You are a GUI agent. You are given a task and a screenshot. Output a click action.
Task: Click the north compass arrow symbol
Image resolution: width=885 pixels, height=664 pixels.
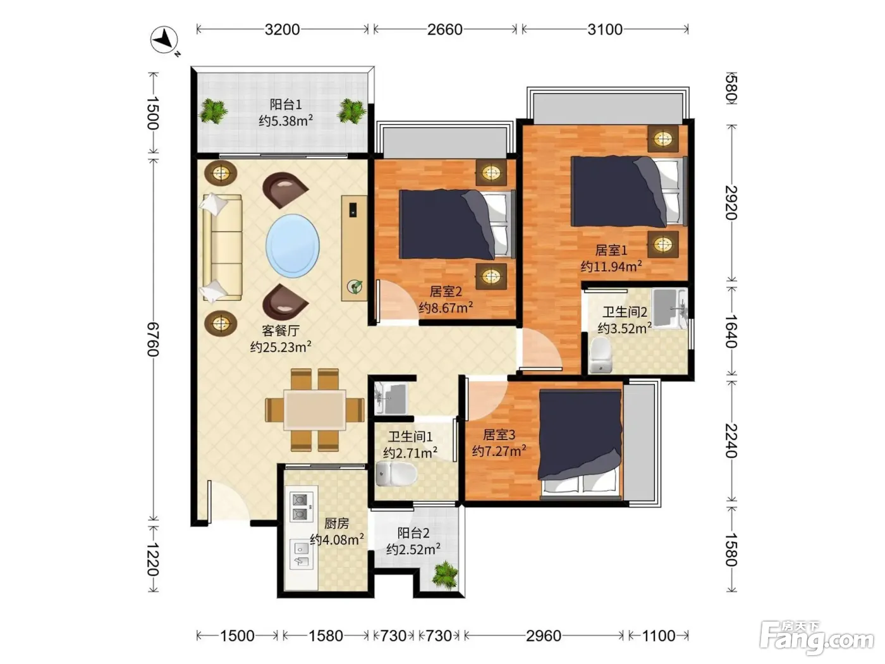pyautogui.click(x=164, y=40)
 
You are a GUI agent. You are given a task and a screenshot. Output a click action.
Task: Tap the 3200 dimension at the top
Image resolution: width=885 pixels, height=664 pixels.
pyautogui.click(x=282, y=30)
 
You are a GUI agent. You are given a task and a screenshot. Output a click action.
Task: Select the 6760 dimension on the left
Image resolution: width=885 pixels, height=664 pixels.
pyautogui.click(x=152, y=340)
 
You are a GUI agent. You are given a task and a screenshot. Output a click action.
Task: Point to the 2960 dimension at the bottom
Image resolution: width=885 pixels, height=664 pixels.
pyautogui.click(x=543, y=636)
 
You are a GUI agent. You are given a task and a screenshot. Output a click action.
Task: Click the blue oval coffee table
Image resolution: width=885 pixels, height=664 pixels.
pyautogui.click(x=292, y=245)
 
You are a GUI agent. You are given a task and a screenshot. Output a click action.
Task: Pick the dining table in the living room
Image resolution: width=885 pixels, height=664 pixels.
pyautogui.click(x=314, y=410)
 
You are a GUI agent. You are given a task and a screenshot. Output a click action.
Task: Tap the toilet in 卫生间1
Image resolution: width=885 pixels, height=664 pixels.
pyautogui.click(x=396, y=474)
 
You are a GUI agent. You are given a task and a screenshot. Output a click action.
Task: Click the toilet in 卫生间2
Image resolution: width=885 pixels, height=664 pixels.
pyautogui.click(x=601, y=355)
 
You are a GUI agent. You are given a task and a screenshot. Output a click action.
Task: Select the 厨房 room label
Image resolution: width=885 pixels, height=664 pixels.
pyautogui.click(x=336, y=524)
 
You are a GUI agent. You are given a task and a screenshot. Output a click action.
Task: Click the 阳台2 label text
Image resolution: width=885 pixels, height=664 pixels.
pyautogui.click(x=413, y=533)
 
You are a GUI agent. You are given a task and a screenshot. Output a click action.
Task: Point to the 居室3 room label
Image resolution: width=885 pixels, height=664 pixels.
pyautogui.click(x=499, y=434)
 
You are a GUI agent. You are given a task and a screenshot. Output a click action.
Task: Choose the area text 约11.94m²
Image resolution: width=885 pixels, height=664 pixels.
pyautogui.click(x=611, y=266)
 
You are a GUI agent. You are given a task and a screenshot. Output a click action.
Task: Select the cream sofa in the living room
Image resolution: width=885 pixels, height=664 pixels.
pyautogui.click(x=221, y=247)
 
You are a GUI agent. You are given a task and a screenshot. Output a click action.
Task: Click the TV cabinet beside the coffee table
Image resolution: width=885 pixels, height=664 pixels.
pyautogui.click(x=354, y=248)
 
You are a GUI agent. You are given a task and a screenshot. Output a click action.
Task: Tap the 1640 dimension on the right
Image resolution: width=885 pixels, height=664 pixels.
pyautogui.click(x=731, y=331)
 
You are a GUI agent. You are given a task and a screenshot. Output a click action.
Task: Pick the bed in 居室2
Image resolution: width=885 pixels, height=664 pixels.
pyautogui.click(x=457, y=224)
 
